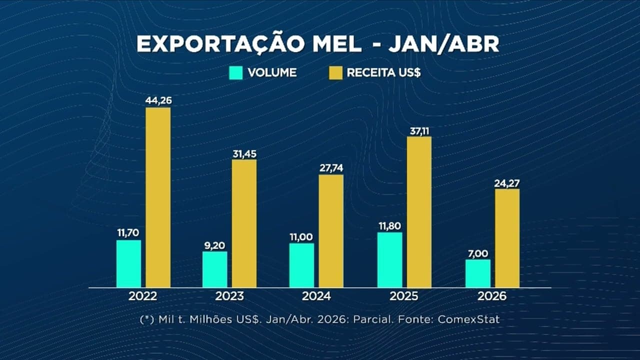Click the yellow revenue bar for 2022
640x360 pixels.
[158, 197]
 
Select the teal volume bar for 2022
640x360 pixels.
[128, 263]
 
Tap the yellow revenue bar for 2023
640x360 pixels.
[244, 223]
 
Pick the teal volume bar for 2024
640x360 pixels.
[301, 265]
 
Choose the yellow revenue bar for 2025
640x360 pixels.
[419, 212]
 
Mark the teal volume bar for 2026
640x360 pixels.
[477, 273]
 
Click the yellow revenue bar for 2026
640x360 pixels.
[507, 238]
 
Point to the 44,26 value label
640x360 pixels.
[158, 100]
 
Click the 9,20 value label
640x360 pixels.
[215, 245]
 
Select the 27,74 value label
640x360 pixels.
[330, 168]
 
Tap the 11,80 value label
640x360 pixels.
[390, 225]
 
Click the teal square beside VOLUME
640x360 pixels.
[235, 72]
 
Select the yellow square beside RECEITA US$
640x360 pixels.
[336, 72]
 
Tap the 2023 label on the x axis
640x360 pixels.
[229, 296]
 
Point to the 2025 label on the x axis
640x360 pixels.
[404, 296]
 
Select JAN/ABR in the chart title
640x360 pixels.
[443, 44]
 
